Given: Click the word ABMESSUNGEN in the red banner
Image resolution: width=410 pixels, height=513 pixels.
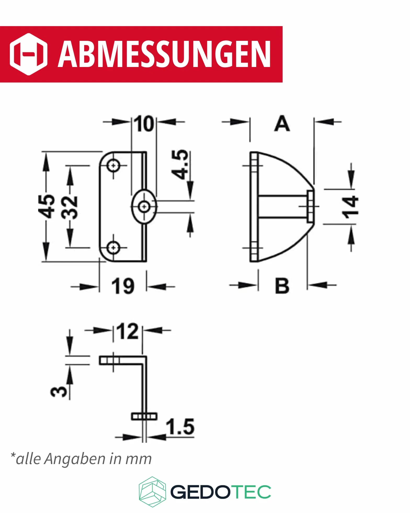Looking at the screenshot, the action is pyautogui.click(x=164, y=54).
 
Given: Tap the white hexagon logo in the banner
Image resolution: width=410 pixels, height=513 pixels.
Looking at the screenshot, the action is pyautogui.click(x=29, y=54).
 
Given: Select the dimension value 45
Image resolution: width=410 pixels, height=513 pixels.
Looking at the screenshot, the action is pyautogui.click(x=47, y=206).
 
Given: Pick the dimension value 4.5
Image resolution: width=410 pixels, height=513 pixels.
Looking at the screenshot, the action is pyautogui.click(x=180, y=165).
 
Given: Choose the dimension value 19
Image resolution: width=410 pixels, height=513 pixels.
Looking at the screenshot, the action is pyautogui.click(x=123, y=286).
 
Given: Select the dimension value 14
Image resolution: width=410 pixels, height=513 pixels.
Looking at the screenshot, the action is pyautogui.click(x=350, y=207).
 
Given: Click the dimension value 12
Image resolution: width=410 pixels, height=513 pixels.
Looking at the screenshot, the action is pyautogui.click(x=128, y=331).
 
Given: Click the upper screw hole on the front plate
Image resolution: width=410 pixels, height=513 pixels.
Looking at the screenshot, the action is pyautogui.click(x=113, y=166).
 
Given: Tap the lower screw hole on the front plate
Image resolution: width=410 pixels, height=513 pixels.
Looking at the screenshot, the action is pyautogui.click(x=113, y=247).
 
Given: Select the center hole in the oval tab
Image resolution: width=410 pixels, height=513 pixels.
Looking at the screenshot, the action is pyautogui.click(x=144, y=207).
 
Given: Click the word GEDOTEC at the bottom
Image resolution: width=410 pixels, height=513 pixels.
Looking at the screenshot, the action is pyautogui.click(x=221, y=492).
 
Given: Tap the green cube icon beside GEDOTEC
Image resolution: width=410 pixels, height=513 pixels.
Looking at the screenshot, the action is pyautogui.click(x=152, y=492).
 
